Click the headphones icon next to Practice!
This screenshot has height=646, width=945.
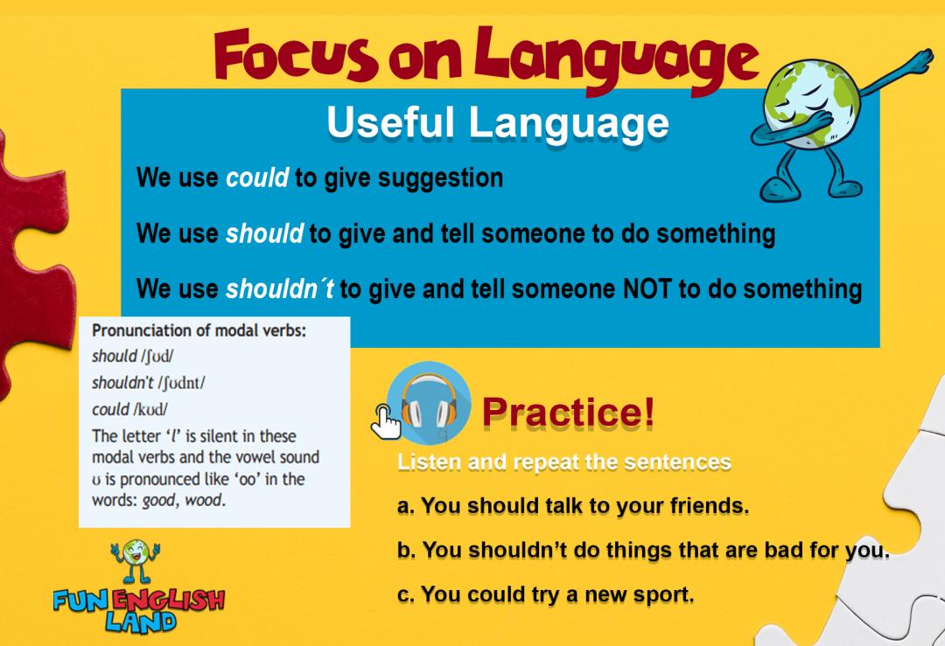pyautogui.click(x=429, y=403)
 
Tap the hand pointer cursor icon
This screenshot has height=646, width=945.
pyautogui.click(x=385, y=421)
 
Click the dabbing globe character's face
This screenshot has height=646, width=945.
pyautogui.click(x=809, y=102)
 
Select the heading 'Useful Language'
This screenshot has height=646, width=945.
pyautogui.click(x=498, y=122)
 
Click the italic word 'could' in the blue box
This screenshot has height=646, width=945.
pyautogui.click(x=257, y=177)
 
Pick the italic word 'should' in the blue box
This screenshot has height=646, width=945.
pyautogui.click(x=264, y=233)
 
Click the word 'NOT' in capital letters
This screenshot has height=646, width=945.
pyautogui.click(x=647, y=289)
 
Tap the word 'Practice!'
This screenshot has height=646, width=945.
pyautogui.click(x=568, y=413)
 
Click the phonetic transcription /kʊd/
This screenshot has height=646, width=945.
pyautogui.click(x=150, y=409)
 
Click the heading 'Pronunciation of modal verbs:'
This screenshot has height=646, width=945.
pyautogui.click(x=199, y=330)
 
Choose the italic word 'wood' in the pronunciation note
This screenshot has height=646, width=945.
pyautogui.click(x=203, y=500)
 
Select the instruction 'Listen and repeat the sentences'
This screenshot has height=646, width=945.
pyautogui.click(x=564, y=462)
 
